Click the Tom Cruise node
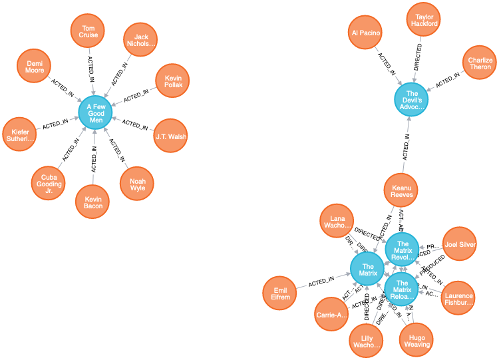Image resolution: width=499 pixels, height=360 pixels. point(88,31)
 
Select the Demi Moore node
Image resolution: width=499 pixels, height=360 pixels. point(35,66)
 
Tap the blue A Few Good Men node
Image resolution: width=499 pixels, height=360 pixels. point(96,112)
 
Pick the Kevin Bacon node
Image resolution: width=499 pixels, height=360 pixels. point(93,202)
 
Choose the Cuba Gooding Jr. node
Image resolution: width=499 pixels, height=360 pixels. point(49,183)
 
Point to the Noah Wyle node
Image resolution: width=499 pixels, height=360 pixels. point(137,184)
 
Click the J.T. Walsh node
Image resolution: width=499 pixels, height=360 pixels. point(170,136)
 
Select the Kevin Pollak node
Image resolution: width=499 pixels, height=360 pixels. point(173,81)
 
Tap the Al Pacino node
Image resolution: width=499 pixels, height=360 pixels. point(365,33)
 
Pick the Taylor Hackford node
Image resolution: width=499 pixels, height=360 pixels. point(424,20)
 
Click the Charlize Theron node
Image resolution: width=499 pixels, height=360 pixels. point(480,63)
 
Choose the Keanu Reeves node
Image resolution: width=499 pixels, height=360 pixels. point(401,191)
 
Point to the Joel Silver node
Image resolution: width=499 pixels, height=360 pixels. point(460,244)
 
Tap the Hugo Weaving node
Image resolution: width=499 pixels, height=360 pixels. point(416,340)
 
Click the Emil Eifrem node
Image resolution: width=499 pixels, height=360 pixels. point(281,293)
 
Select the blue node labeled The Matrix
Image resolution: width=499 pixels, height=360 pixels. point(368,270)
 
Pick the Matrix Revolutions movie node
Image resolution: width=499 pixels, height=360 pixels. point(402,250)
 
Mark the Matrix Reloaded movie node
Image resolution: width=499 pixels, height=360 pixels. point(402,289)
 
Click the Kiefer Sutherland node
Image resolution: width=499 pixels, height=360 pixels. point(20,134)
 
